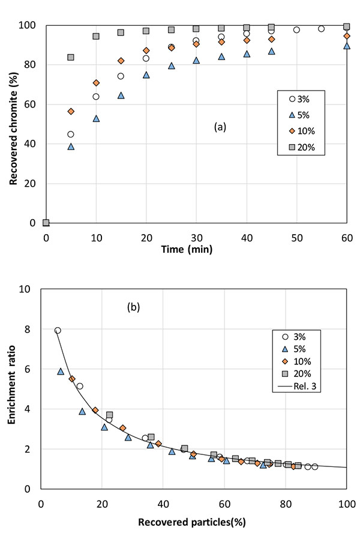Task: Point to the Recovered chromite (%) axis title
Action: coord(13,123)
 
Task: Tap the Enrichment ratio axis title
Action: coord(13,388)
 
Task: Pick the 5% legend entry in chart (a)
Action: coord(304,115)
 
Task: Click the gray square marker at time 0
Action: coord(46,223)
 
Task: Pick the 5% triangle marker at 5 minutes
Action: coord(71,146)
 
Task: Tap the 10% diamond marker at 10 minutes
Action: coord(96,83)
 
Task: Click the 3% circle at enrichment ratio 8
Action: coord(58,331)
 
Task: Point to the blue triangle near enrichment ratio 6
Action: coord(61,372)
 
